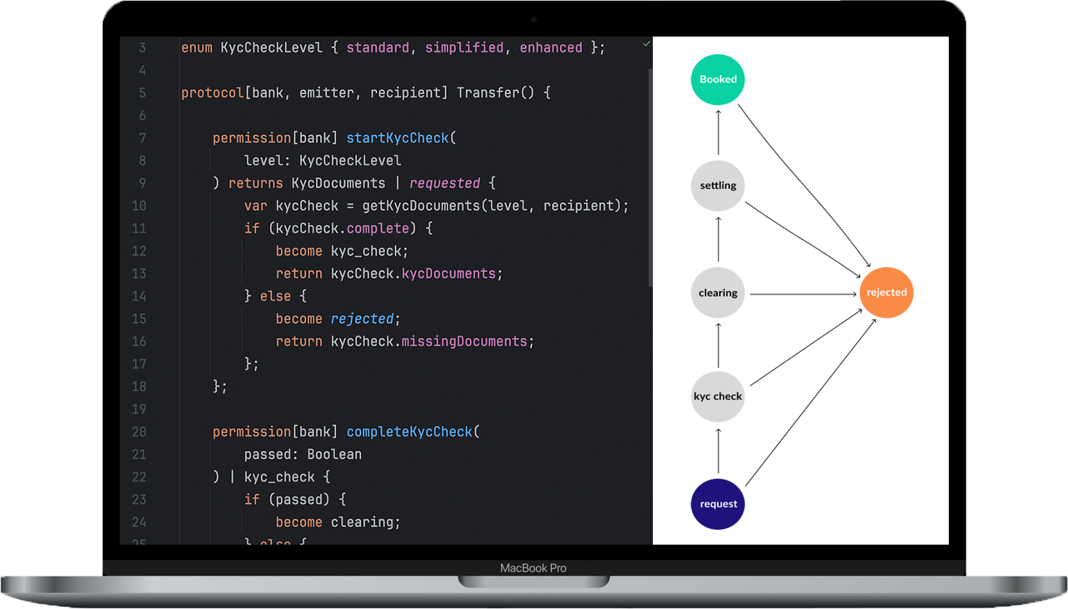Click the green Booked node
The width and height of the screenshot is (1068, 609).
point(718,80)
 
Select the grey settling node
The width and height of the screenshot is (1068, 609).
point(718,186)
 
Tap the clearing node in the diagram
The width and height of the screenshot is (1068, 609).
point(718,293)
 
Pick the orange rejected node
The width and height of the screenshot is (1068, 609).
point(887,293)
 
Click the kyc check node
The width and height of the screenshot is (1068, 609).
point(718,396)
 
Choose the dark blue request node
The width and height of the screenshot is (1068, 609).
point(718,504)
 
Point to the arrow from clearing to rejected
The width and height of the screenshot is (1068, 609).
point(803,294)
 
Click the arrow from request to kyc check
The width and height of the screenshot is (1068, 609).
point(719,450)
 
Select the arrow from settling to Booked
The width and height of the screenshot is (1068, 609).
point(719,132)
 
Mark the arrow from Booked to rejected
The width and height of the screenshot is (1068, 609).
point(803,184)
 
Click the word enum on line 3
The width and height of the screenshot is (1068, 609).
point(196,48)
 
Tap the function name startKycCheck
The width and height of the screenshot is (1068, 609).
point(398,138)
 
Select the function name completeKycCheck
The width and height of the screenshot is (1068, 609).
point(409,432)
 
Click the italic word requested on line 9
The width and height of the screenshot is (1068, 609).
point(444,184)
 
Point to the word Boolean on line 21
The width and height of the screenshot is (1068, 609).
point(335,455)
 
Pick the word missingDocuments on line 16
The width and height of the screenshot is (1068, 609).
point(464,341)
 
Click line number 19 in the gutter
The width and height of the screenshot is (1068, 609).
point(139,409)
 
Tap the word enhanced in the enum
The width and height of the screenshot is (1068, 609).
point(551,48)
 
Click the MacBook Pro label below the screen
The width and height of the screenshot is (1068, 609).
point(533,568)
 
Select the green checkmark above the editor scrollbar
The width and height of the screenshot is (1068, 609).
point(647,44)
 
